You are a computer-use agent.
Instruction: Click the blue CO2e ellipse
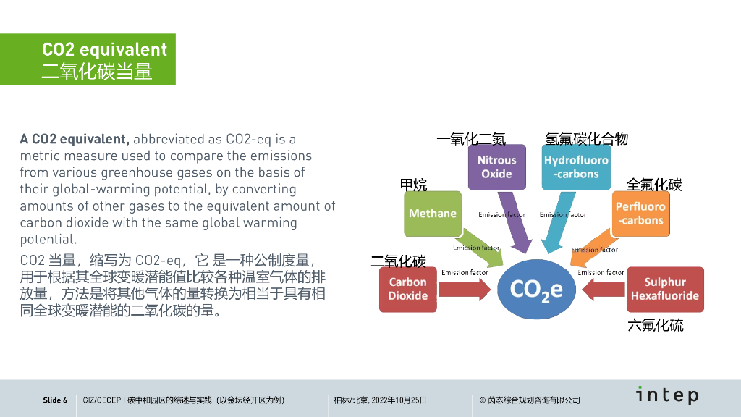[536, 289]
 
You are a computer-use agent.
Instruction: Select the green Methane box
[432, 214]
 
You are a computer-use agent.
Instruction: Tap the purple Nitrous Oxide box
[496, 167]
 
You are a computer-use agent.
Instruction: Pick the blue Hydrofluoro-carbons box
[576, 167]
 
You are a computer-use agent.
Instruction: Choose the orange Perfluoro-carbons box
[640, 214]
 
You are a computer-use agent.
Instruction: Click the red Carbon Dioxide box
[407, 289]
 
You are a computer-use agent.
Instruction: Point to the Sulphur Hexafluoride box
[664, 289]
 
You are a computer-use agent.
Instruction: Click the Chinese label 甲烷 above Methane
[414, 185]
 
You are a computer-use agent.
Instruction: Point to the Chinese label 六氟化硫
[655, 325]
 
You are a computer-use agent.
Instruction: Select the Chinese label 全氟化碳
[654, 185]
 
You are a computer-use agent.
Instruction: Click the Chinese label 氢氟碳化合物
[586, 139]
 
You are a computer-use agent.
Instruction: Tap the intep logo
[666, 395]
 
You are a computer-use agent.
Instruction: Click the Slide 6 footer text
[55, 400]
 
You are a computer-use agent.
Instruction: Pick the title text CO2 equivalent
[104, 50]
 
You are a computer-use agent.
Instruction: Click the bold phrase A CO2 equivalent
[75, 139]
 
